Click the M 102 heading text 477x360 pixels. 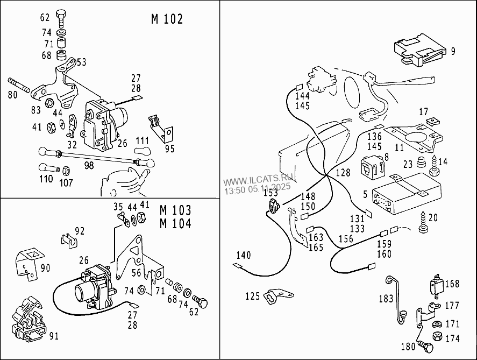click(x=167, y=19)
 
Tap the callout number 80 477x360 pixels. click(x=12, y=95)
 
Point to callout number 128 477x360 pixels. click(x=343, y=173)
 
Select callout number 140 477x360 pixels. click(x=243, y=255)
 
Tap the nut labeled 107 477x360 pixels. click(x=66, y=171)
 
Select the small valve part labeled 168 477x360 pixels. click(x=437, y=285)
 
